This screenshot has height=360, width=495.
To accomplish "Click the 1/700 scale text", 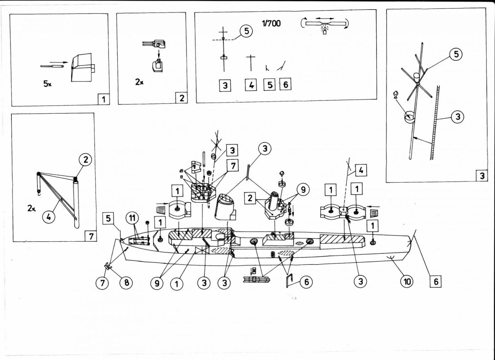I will coord(271,23).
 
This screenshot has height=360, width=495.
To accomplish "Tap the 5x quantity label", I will coord(47,84).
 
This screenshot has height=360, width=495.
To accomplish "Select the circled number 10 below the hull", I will coord(407,281).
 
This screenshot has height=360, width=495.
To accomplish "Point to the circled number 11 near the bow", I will coord(132,220).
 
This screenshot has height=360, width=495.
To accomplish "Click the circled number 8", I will coord(126,283).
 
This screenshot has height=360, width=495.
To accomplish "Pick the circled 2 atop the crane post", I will coord(85,159).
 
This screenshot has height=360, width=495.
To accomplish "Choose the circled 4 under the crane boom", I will coord(51,218).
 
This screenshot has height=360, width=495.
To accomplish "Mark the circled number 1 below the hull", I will coord(177,284).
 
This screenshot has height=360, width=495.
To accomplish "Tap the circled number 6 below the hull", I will coord(306,282).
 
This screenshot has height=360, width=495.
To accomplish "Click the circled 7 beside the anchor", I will coord(102,283).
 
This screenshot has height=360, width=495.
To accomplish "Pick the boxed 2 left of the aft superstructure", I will coord(250,198).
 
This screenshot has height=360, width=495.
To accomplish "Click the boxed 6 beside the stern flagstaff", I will coord(436,282).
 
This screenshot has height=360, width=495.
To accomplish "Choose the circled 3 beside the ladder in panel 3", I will coord(457,116).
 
